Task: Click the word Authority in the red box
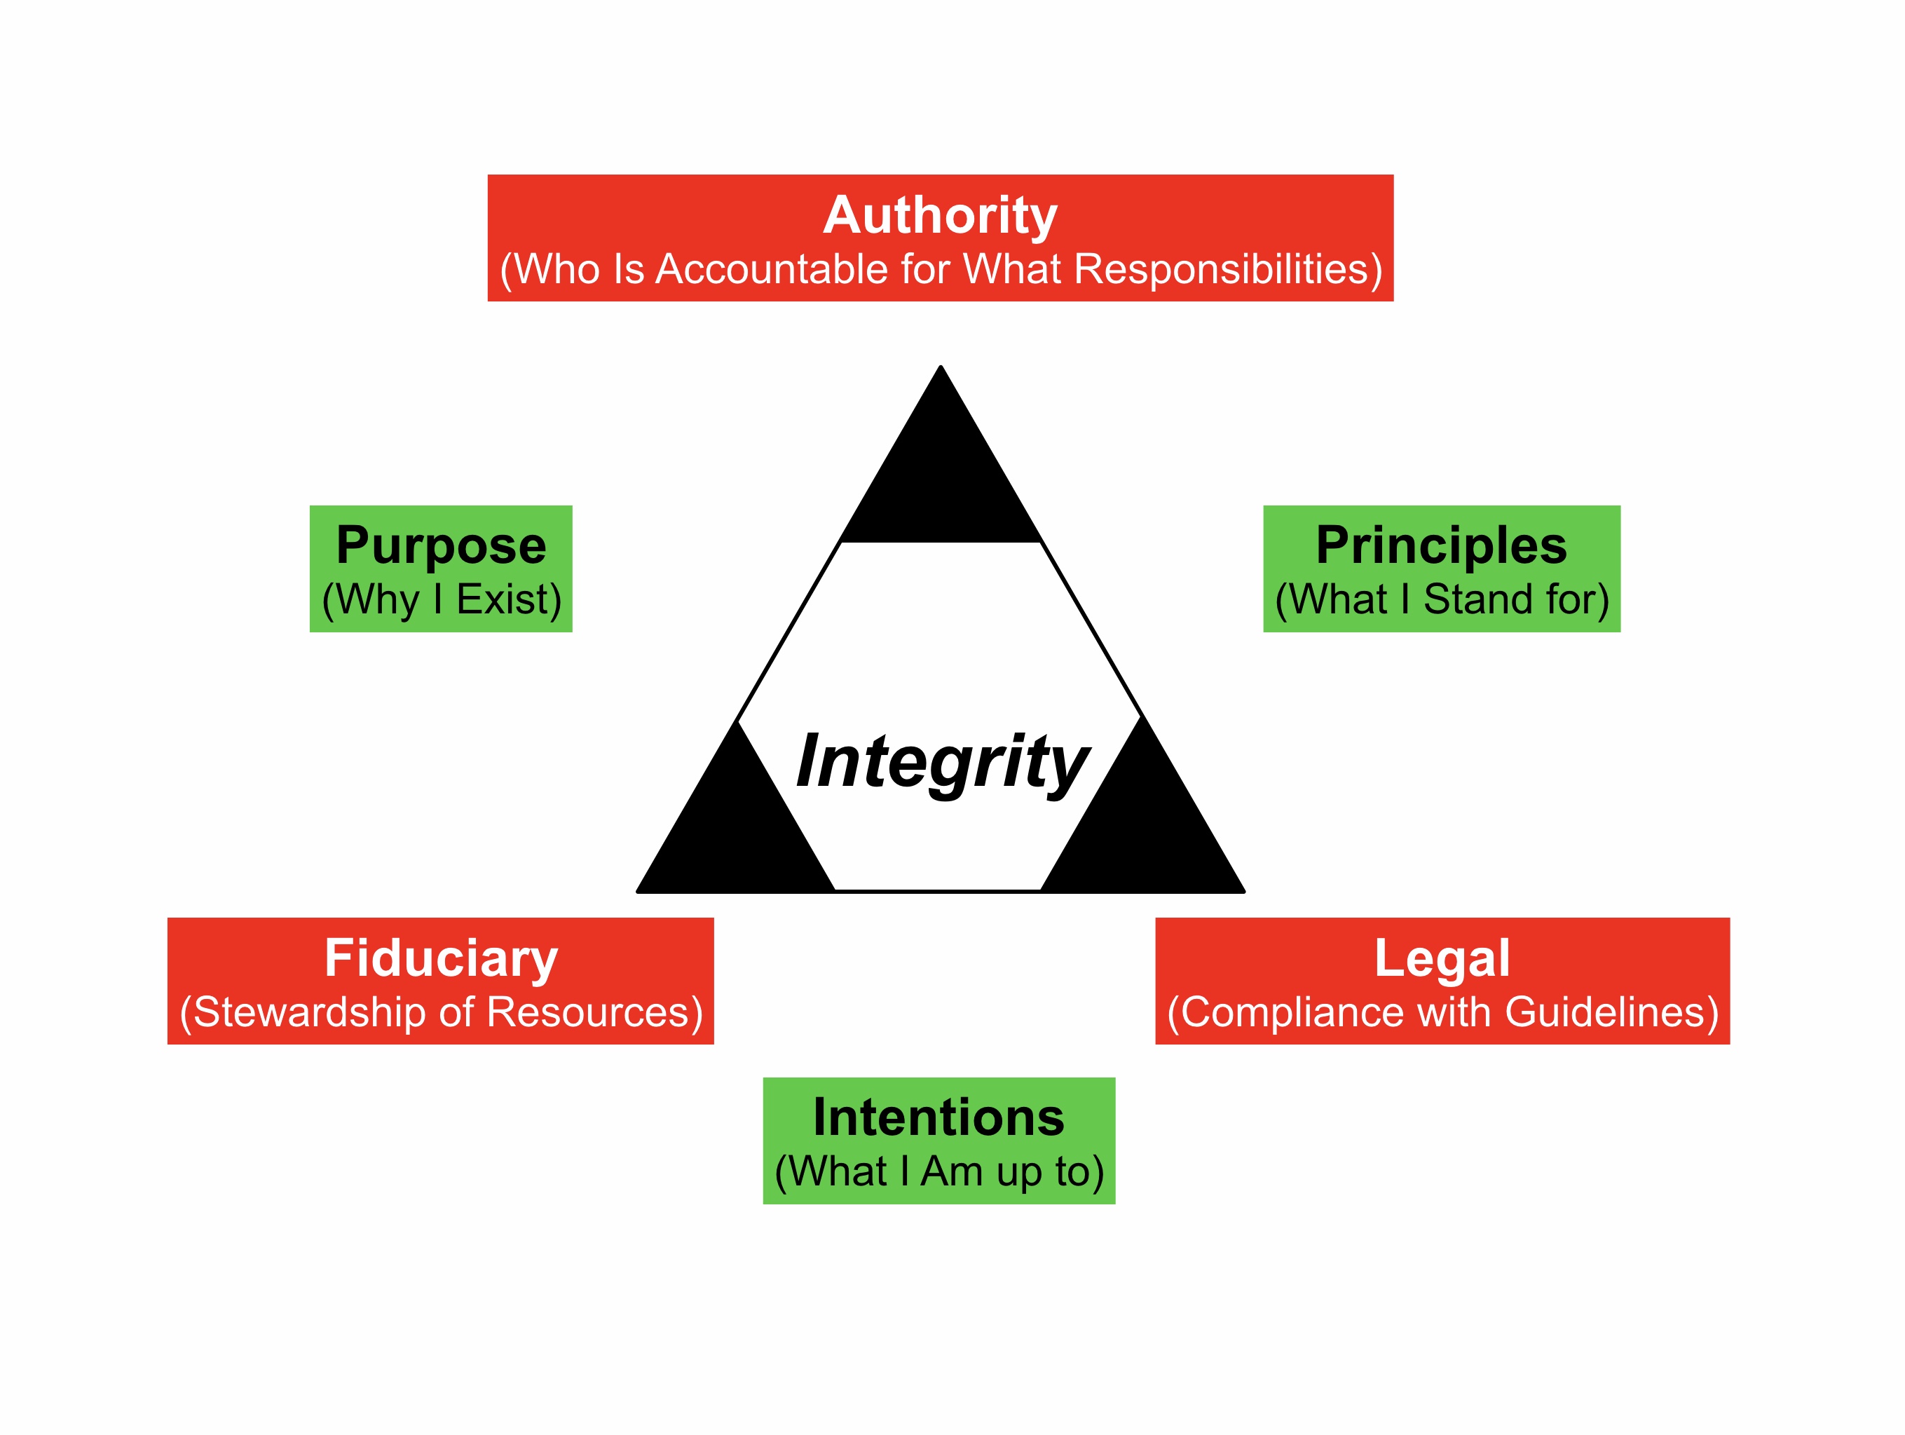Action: (940, 215)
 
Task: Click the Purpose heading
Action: (441, 546)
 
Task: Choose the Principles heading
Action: (1441, 546)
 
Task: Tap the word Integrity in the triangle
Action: (942, 761)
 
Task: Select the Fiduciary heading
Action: (441, 959)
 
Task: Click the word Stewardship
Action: (309, 1013)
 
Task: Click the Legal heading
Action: (1442, 959)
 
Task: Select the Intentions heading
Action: (938, 1118)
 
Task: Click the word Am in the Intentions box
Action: (952, 1172)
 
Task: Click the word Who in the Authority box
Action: (557, 270)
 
